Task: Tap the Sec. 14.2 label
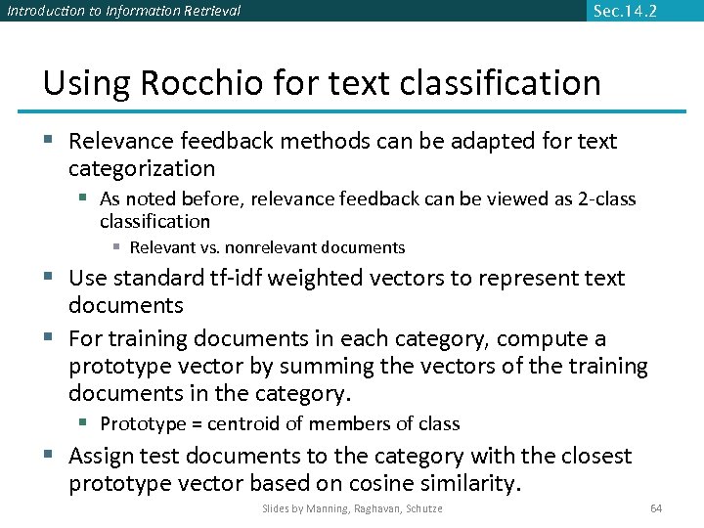click(x=625, y=11)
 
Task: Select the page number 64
click(x=656, y=508)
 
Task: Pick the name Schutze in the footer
click(x=422, y=508)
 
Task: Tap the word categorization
click(x=142, y=168)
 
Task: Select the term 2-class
click(x=603, y=199)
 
